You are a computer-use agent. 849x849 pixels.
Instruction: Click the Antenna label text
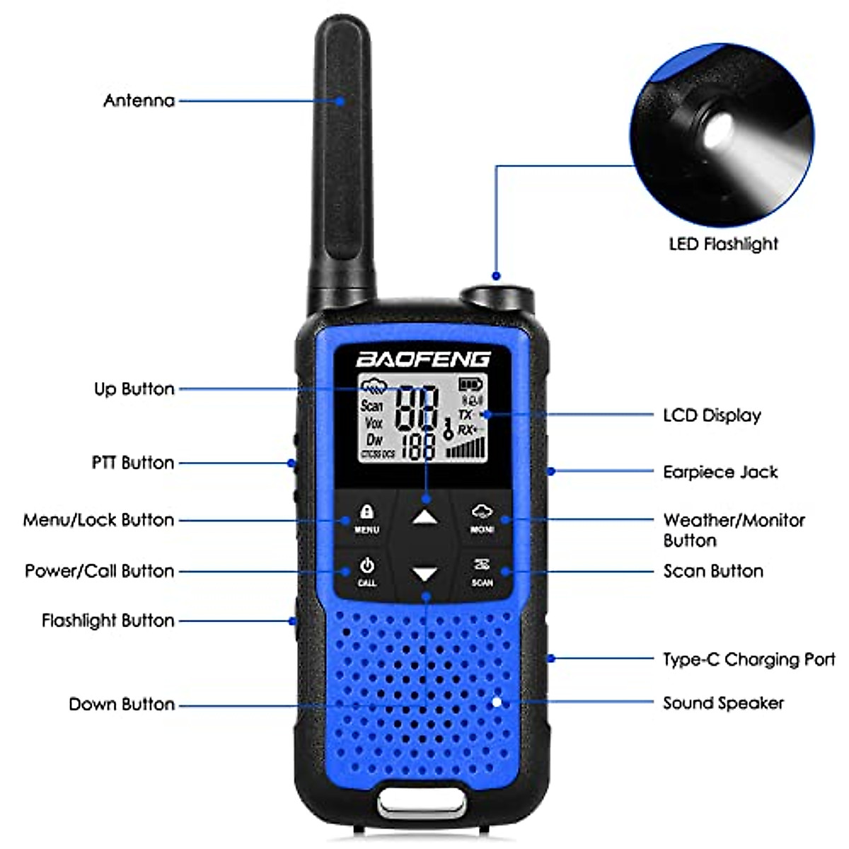(x=139, y=100)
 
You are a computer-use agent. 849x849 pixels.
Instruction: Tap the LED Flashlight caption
(x=723, y=244)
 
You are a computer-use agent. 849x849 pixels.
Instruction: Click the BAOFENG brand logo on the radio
(x=422, y=359)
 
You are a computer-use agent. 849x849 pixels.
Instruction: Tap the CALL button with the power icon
(x=366, y=572)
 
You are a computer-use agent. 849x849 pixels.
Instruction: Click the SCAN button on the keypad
(x=482, y=572)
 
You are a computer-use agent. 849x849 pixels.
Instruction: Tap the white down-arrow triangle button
(x=424, y=574)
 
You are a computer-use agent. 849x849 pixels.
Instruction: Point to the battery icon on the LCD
(x=470, y=385)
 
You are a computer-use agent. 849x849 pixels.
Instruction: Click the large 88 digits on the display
(x=416, y=408)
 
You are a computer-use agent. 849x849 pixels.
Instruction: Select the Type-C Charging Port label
(x=749, y=659)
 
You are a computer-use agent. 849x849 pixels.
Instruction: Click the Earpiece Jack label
(x=720, y=472)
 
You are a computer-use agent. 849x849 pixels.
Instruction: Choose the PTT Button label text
(x=133, y=463)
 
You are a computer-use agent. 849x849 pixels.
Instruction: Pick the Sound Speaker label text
(x=723, y=703)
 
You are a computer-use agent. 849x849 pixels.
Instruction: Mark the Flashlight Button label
(x=108, y=620)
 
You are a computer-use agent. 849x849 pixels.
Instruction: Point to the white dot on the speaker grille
(x=497, y=702)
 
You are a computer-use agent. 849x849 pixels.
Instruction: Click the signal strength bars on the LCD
(x=466, y=448)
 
